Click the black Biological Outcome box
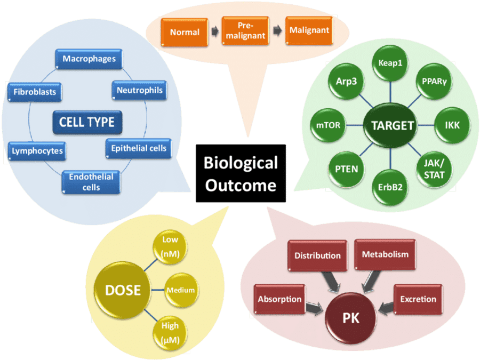241,173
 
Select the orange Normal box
185,31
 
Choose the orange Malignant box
309,30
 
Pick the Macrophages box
89,59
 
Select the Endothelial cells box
91,182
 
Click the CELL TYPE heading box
86,122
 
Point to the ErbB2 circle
390,188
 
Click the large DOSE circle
123,290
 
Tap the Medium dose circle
180,290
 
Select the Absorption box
280,299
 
